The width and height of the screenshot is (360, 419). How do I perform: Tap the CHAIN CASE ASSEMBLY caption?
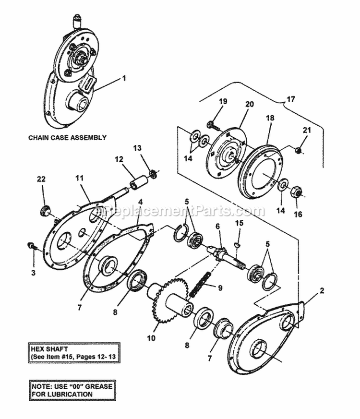(67, 137)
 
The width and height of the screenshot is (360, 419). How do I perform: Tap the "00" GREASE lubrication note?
(67, 390)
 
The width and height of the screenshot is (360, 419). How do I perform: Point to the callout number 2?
(322, 290)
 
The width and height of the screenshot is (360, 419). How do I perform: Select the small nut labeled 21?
(298, 151)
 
